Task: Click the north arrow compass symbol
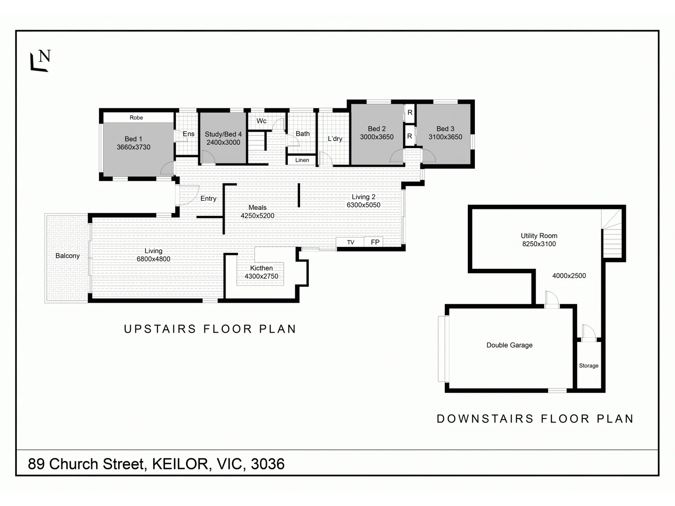(x=40, y=60)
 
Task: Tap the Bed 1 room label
(x=133, y=139)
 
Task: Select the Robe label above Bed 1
(x=136, y=118)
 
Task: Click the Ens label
(x=188, y=134)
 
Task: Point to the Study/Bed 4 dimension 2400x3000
(x=223, y=142)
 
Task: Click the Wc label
(x=262, y=121)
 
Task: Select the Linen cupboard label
(x=302, y=160)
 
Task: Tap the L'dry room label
(x=335, y=139)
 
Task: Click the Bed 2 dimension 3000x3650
(x=376, y=137)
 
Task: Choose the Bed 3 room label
(x=445, y=128)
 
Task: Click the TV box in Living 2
(x=351, y=242)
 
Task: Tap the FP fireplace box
(x=375, y=242)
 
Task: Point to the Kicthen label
(x=261, y=268)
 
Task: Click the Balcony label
(x=67, y=256)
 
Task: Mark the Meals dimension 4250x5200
(x=257, y=216)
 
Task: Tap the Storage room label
(x=588, y=366)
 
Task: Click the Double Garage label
(x=509, y=345)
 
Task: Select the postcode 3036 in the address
(x=268, y=464)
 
